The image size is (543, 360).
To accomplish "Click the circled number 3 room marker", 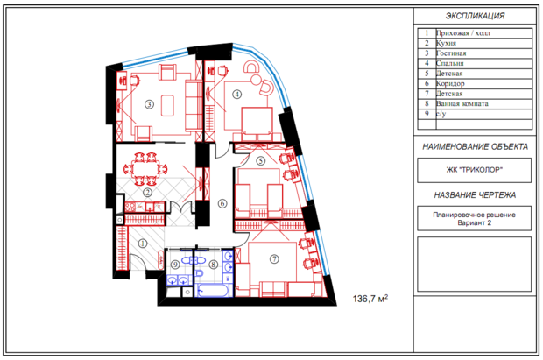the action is (149, 104).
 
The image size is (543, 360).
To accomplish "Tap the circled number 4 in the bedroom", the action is (236, 94).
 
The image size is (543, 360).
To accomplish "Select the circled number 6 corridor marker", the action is (222, 203).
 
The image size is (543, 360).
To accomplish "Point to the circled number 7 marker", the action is (274, 258).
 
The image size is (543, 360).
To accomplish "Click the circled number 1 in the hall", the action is (143, 244).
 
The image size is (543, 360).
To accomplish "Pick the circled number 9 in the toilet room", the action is (175, 265).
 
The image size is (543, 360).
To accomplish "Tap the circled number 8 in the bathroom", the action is (214, 265).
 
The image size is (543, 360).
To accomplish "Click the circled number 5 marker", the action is (260, 161).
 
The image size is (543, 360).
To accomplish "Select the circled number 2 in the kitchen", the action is (148, 192).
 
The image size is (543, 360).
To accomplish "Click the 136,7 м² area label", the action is (370, 299).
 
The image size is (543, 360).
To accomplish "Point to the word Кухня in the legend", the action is (446, 43).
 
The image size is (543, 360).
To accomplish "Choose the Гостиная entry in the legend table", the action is (451, 53).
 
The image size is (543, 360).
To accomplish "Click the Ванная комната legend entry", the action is (462, 103).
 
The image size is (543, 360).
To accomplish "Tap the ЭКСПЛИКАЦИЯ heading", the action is (475, 16).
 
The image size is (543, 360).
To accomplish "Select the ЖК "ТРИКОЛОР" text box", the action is (474, 170).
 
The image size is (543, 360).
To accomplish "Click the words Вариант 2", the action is (474, 222).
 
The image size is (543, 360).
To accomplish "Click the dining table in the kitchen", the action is (145, 169).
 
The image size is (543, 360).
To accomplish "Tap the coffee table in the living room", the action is (168, 106).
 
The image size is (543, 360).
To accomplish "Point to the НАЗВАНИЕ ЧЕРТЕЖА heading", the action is (475, 195).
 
